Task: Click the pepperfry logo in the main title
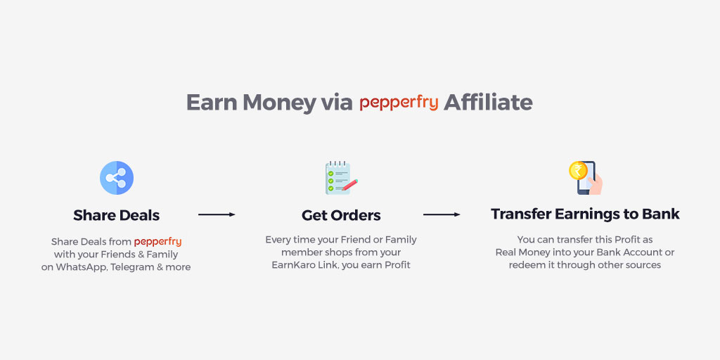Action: (399, 103)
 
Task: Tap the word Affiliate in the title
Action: (488, 102)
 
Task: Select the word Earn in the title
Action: (212, 102)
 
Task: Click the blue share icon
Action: (117, 178)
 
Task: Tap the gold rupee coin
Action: (578, 171)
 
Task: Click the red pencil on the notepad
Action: (349, 185)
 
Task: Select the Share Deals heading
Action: (117, 215)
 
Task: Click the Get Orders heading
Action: (341, 215)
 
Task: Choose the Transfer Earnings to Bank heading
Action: (585, 214)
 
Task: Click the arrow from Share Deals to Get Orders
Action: (217, 214)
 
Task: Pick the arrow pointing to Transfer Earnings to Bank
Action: (442, 214)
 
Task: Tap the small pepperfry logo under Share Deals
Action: (157, 242)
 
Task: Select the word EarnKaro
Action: (293, 265)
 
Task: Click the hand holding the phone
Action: (595, 184)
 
